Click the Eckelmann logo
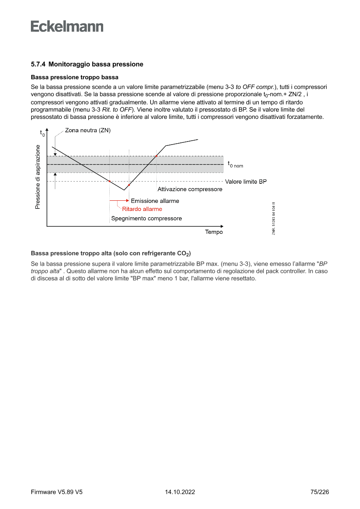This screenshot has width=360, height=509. tap(67, 27)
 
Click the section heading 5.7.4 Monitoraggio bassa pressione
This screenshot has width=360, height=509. tap(87, 64)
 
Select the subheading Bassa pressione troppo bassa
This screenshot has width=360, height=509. tap(74, 78)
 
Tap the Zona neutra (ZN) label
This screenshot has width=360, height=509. tap(88, 130)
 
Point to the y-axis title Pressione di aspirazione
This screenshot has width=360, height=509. tap(38, 177)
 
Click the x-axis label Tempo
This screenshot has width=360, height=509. tap(214, 232)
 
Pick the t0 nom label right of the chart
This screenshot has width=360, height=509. tap(236, 164)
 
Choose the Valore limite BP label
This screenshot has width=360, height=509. tap(246, 181)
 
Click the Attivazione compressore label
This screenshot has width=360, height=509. tap(190, 189)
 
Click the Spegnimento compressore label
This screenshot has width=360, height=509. tap(147, 219)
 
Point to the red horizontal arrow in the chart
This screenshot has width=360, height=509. tap(119, 201)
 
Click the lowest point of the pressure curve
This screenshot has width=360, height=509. tap(124, 190)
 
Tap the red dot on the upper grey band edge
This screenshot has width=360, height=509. tap(156, 156)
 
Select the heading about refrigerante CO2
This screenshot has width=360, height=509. tap(111, 253)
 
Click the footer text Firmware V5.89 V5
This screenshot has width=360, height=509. tap(57, 492)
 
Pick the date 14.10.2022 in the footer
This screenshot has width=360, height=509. tap(180, 492)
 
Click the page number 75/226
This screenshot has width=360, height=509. tap(320, 492)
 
